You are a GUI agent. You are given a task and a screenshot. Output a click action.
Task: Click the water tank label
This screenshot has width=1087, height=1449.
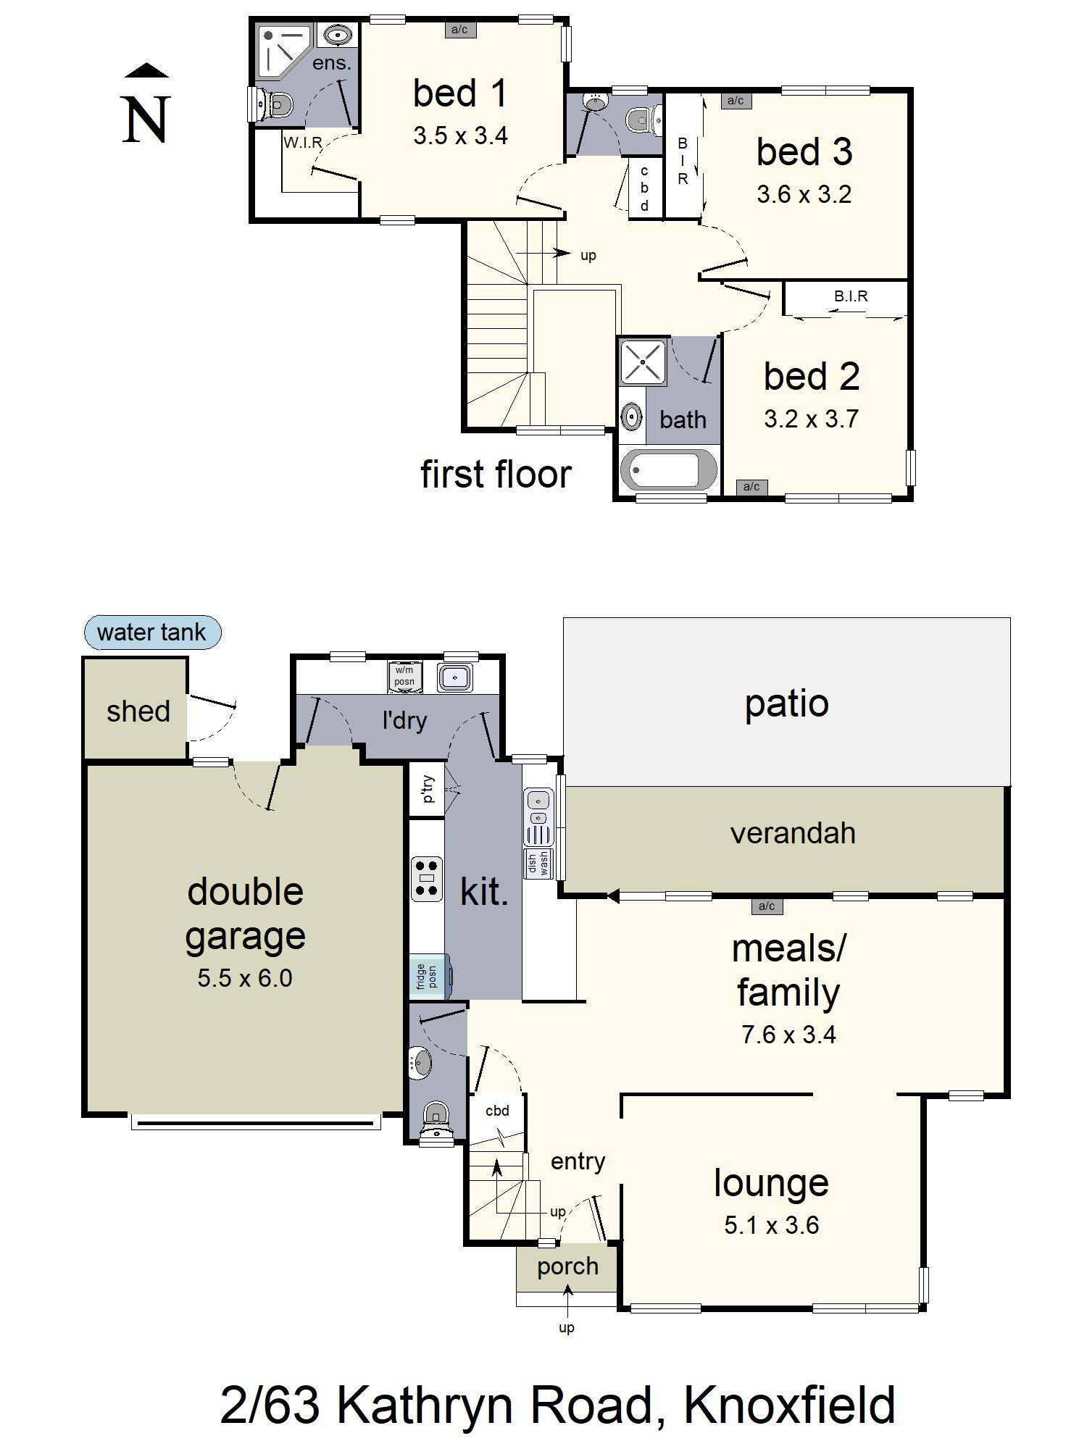[x=152, y=632]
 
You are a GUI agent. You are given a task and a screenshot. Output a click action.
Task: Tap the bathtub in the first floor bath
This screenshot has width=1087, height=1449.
[x=667, y=469]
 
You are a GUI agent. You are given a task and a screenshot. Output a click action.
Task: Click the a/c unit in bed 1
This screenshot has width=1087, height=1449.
[x=459, y=30]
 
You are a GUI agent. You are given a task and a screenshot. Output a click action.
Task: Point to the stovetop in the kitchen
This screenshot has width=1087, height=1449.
[x=426, y=878]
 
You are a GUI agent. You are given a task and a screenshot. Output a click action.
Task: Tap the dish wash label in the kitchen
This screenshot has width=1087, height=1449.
[x=538, y=863]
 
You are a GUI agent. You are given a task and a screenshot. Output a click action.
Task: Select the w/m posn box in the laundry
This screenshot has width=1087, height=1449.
[x=404, y=676]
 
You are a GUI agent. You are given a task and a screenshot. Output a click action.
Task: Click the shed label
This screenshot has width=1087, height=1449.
[x=138, y=711]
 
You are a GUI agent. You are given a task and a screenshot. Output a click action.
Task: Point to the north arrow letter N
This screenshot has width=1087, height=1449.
[x=146, y=120]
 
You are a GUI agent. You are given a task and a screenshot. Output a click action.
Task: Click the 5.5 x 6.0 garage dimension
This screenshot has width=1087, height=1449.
[x=245, y=978]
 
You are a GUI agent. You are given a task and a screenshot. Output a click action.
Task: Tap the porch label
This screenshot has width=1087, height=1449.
[x=567, y=1266]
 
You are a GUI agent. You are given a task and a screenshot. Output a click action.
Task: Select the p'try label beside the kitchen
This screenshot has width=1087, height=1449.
[x=428, y=788]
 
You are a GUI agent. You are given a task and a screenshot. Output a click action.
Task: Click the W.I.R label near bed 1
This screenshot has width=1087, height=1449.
[x=302, y=143]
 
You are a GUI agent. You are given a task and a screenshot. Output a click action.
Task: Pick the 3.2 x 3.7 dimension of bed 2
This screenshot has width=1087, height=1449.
[x=811, y=419]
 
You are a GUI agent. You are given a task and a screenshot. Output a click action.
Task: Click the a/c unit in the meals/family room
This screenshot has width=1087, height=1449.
[x=766, y=906]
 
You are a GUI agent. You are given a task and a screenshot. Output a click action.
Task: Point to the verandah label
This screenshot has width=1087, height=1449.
[x=793, y=833]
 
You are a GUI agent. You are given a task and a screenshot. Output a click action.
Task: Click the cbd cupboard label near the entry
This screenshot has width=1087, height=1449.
[x=497, y=1111]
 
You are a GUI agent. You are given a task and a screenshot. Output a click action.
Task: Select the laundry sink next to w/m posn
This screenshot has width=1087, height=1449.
[x=455, y=677]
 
